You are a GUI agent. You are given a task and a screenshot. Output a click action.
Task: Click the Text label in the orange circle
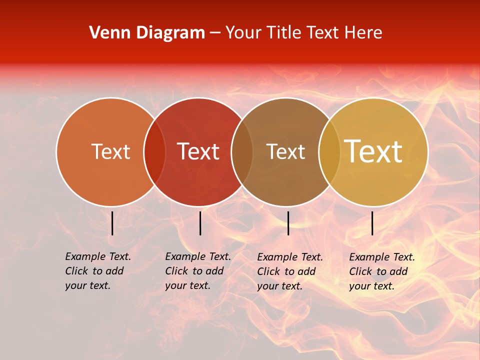pos(110,151)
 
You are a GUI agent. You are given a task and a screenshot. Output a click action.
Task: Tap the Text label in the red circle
pos(198,151)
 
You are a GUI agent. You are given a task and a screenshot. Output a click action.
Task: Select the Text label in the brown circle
pos(285,151)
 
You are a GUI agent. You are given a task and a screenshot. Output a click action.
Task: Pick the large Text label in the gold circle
pos(373,151)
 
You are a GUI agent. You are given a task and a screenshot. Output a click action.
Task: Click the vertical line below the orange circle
pos(112,223)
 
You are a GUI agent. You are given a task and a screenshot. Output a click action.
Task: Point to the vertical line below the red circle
pos(200,223)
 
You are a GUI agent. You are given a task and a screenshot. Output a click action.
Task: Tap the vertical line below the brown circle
pos(288,223)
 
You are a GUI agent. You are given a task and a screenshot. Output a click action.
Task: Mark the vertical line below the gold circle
pos(372,223)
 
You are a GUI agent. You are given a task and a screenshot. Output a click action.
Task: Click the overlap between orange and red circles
pos(154,152)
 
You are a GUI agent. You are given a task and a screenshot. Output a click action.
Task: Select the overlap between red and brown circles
pos(242,152)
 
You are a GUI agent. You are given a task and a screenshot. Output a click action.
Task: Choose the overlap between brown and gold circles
pos(329,152)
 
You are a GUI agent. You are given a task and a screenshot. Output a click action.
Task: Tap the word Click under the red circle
pos(176,271)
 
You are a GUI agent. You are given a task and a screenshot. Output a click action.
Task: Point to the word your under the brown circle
pos(267,286)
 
